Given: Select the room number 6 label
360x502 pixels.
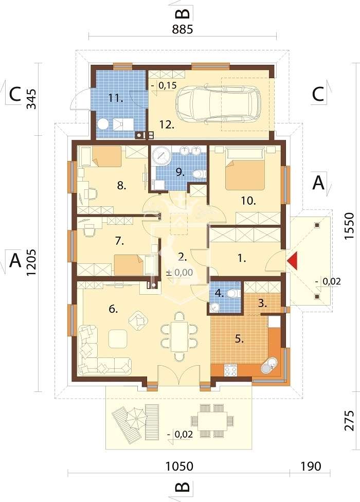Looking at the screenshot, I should [114, 309].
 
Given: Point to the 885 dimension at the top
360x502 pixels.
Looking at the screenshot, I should [182, 29].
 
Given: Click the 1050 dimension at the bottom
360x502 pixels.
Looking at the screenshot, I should [179, 467].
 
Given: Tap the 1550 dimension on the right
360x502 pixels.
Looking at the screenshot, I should [350, 227].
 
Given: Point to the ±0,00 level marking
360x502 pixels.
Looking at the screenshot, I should [179, 273].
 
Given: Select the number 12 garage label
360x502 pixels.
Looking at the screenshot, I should [165, 124].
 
